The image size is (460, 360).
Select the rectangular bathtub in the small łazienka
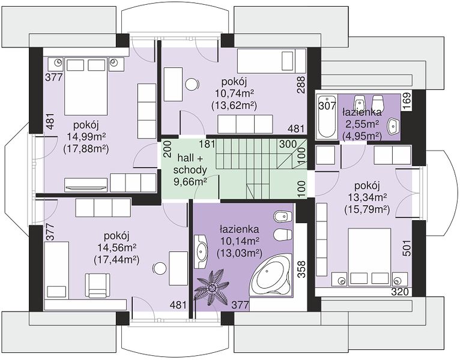coord(325,116)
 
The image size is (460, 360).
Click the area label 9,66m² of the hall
coord(190,182)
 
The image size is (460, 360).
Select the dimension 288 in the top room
coord(301,85)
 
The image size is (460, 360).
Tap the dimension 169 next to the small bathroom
coord(408,101)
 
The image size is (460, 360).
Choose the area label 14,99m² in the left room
coord(86,137)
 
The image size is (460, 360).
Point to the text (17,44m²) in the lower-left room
coord(116,259)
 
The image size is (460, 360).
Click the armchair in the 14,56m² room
coord(98,284)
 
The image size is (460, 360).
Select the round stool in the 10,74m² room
coord(192,85)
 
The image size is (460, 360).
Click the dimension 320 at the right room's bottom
coord(400,292)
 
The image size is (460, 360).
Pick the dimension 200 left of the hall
coord(167,149)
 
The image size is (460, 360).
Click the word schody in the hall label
coord(190,170)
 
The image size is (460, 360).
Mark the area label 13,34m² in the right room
coord(368,197)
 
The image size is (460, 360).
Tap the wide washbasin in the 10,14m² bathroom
coord(202,251)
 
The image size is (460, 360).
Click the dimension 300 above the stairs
coord(288,144)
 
